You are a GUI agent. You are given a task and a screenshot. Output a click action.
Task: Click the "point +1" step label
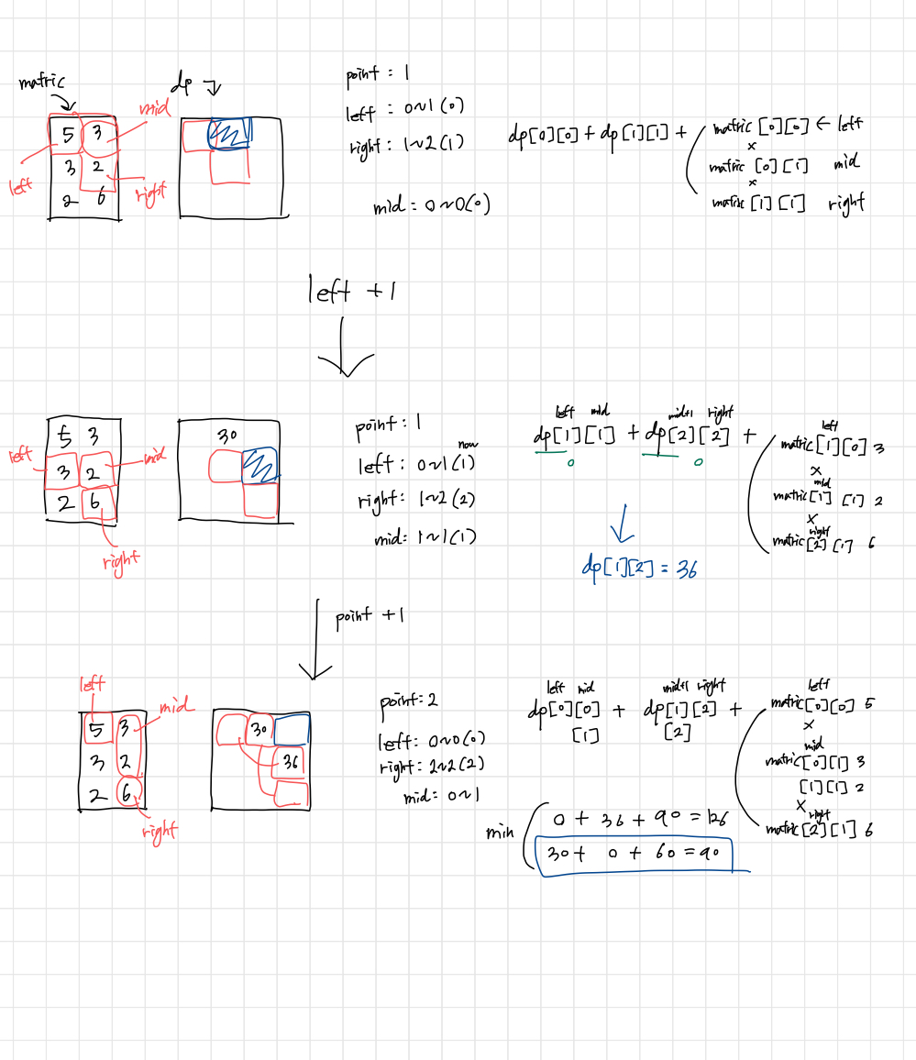[366, 615]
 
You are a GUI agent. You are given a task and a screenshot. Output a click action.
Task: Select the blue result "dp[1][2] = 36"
[639, 568]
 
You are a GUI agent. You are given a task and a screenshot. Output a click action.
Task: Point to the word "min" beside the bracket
[501, 834]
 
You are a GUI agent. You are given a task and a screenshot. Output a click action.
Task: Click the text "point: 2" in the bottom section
[409, 701]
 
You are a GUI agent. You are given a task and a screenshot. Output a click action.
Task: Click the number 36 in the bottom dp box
[291, 762]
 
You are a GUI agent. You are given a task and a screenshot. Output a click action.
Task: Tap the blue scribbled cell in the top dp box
[228, 134]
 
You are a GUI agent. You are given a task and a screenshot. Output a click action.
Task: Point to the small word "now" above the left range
[469, 444]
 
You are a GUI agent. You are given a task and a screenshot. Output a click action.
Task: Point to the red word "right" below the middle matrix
[121, 558]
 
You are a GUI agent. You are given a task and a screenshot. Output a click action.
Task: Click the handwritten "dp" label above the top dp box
[186, 85]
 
